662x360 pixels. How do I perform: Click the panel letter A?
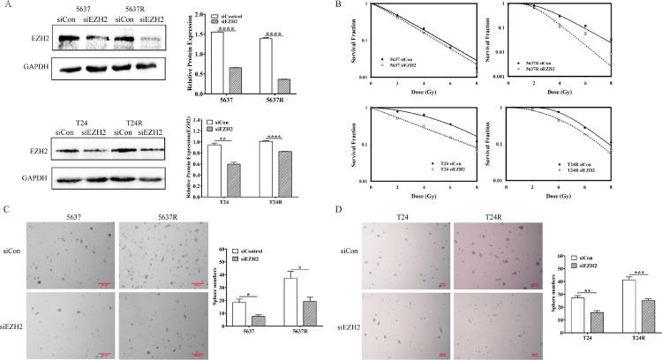tap(6, 5)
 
